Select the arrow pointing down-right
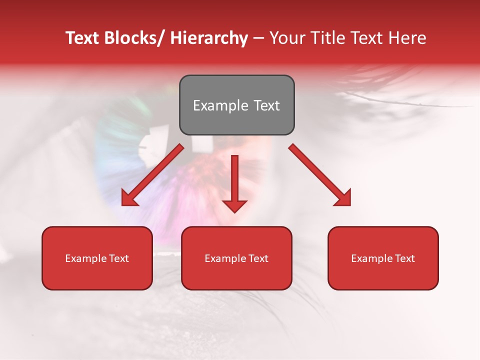320,175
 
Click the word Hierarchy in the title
209,38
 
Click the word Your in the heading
286,38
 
